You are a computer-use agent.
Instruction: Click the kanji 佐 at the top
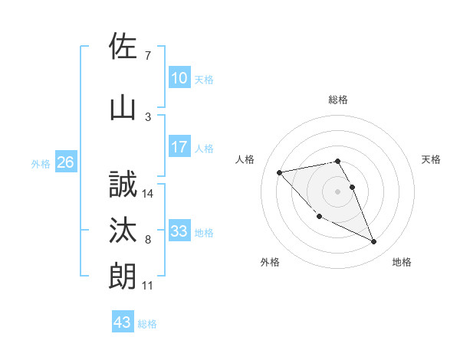(x=123, y=47)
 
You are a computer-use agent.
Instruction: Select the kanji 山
(x=123, y=107)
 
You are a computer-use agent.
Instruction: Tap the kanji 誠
(x=123, y=185)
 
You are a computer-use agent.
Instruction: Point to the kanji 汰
(x=123, y=231)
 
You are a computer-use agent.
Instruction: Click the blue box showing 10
(x=179, y=78)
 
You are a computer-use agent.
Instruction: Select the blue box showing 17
(x=179, y=148)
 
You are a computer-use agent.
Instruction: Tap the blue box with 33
(x=179, y=231)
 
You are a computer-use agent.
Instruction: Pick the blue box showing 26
(x=65, y=162)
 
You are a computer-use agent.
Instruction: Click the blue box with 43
(x=122, y=322)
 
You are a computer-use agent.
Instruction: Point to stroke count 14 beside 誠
(x=149, y=194)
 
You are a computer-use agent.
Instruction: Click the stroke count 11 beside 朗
(x=148, y=286)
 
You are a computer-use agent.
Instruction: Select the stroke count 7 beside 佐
(x=147, y=55)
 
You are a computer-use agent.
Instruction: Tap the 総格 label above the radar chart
(x=337, y=100)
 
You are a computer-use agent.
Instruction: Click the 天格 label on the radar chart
(x=431, y=159)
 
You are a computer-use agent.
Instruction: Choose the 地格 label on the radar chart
(x=402, y=262)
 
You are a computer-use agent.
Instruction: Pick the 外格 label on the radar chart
(x=270, y=262)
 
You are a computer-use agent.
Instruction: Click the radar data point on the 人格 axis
(x=279, y=172)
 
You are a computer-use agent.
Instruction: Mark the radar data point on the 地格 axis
(x=374, y=242)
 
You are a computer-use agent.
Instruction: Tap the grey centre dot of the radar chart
(x=337, y=191)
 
